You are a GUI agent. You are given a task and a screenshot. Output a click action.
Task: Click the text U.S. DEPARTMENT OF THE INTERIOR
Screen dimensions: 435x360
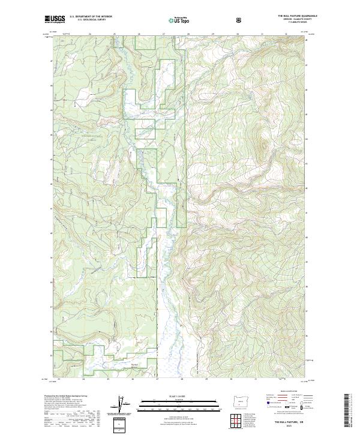(x=91, y=17)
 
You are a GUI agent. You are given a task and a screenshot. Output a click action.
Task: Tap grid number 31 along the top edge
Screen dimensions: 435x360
(x=263, y=34)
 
